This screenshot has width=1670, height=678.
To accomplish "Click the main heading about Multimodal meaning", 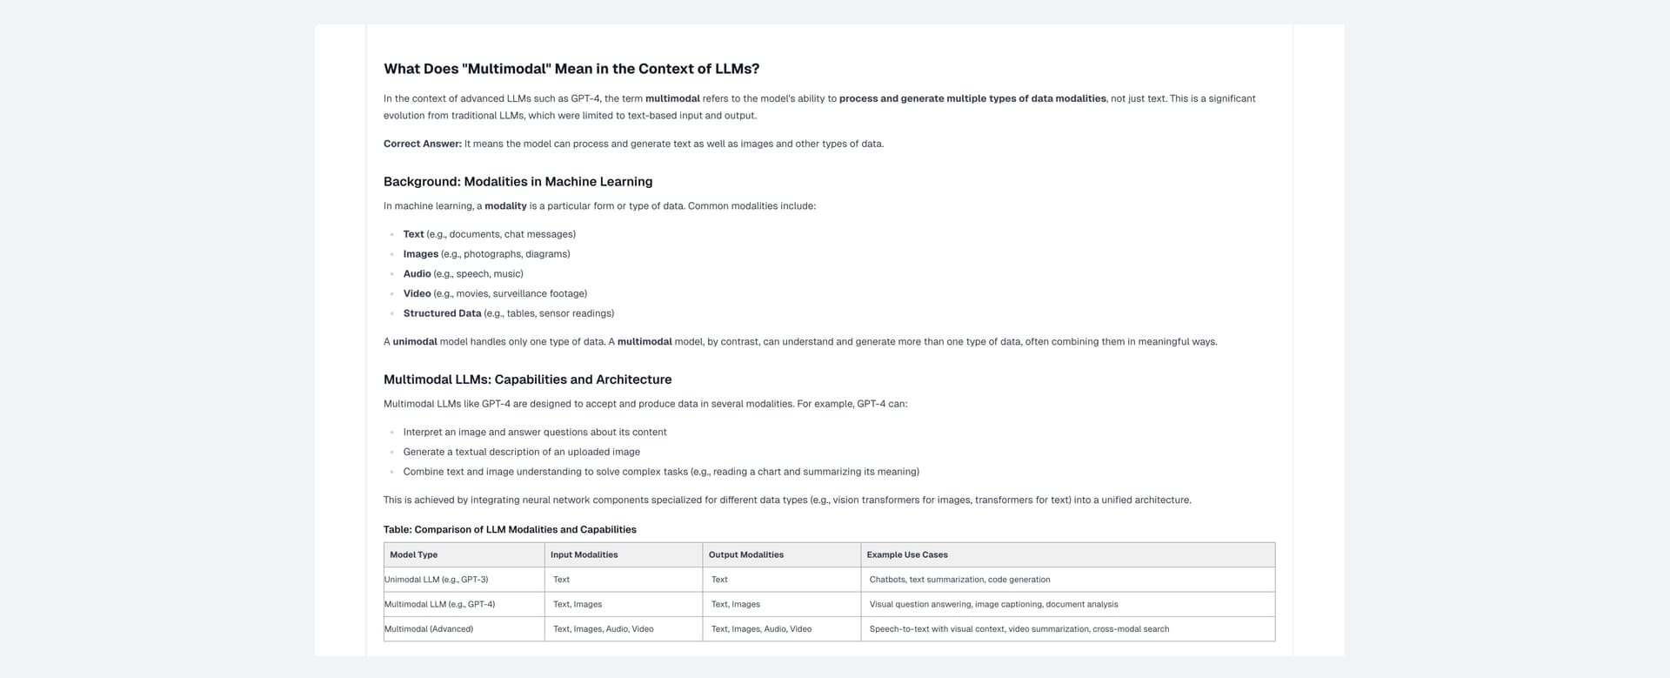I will point(571,69).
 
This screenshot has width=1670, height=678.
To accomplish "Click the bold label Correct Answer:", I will point(423,144).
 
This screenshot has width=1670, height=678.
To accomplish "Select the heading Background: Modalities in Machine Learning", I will point(518,181).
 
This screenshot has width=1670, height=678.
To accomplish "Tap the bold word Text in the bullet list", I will point(413,234).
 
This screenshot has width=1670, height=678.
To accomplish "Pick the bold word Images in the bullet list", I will point(420,254).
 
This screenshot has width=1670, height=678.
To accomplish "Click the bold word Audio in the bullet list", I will point(417,273).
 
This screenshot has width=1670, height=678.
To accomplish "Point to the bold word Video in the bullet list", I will point(417,293).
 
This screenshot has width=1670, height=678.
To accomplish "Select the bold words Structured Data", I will point(442,313).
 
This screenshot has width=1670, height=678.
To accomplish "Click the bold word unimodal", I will point(415,341).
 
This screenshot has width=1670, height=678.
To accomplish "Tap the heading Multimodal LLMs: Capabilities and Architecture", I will point(527,379).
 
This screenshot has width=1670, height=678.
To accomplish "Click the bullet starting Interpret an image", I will point(534,432).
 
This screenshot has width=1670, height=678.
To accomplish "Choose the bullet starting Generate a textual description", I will point(521,452).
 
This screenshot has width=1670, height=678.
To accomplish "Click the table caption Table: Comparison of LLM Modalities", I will point(510,529).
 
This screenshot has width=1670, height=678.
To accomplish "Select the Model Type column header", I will point(414,554).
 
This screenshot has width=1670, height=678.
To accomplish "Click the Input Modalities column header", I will point(584,554).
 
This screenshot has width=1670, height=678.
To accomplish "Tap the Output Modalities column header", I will point(745,554).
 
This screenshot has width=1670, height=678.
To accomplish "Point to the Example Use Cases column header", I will point(907,554).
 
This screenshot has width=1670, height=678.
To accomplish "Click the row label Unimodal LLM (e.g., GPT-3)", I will point(437,580).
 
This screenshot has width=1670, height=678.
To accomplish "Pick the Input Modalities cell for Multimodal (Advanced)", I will point(603,628).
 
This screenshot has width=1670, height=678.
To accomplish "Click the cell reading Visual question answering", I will point(993,604).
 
